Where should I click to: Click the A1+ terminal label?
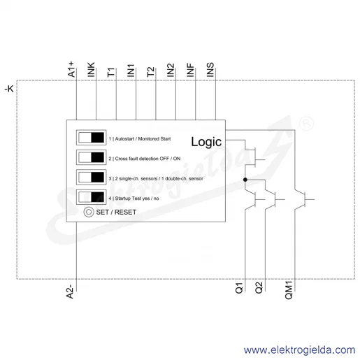[x=71, y=69]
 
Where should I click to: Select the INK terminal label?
[x=91, y=69]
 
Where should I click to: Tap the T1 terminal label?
[x=111, y=72]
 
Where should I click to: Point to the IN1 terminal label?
[x=131, y=71]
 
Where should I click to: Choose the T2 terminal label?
[x=150, y=72]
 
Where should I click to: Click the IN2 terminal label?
[x=171, y=70]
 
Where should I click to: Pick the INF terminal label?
[x=190, y=70]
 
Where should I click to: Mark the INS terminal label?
[x=210, y=70]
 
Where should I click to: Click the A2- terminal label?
[x=70, y=291]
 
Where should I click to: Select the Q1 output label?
[x=239, y=288]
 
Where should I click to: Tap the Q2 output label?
[x=259, y=288]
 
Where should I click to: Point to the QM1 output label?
[x=289, y=290]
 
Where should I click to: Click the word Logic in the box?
[x=206, y=142]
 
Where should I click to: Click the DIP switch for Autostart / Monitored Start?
[x=92, y=138]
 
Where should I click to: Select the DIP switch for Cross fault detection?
[x=92, y=157]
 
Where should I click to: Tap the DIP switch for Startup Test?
[x=92, y=197]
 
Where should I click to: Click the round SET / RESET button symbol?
[x=89, y=212]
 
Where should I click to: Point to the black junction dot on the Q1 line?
[x=245, y=180]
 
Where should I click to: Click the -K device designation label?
[x=9, y=89]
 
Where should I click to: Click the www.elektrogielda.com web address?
[x=299, y=350]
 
